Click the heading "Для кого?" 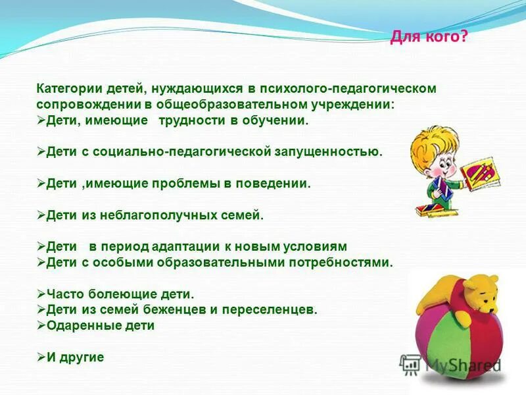pos(429,38)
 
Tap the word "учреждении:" pos(360,105)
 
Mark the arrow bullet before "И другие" pos(41,357)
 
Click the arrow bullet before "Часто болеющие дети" pos(41,294)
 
